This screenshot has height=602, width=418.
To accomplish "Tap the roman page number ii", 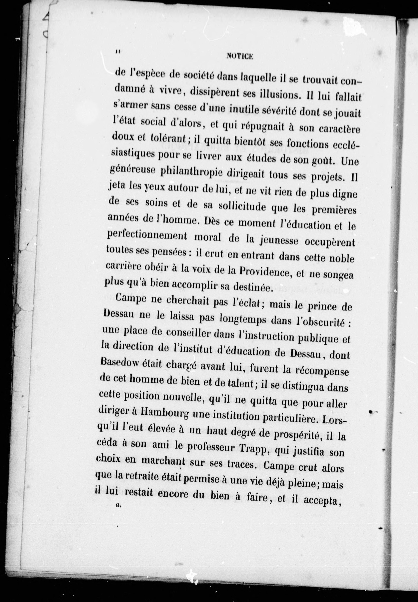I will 118,52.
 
